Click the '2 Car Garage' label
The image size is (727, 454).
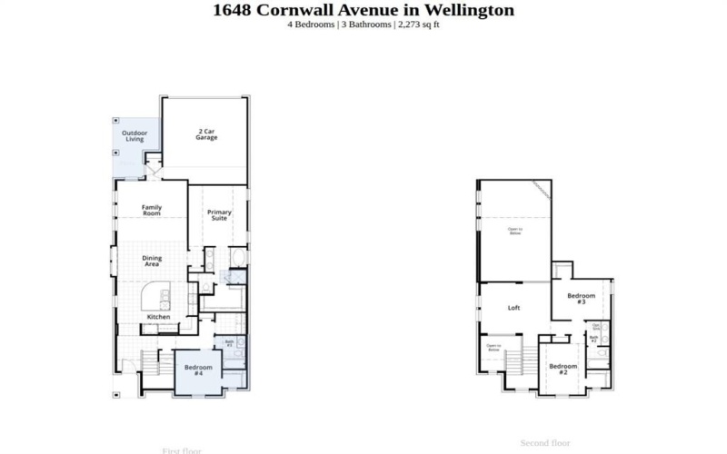pos(206,134)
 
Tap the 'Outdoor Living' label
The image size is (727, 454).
pos(134,136)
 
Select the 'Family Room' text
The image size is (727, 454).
pos(152,210)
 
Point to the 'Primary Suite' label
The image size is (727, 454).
pos(219,214)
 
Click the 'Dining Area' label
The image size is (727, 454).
pos(152,261)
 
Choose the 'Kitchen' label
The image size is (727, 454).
pos(159,317)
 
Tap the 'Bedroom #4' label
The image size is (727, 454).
pos(198,370)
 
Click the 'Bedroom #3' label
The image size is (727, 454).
pos(582,298)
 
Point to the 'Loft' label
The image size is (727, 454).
pos(513,308)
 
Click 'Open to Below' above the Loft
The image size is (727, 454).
pos(514,232)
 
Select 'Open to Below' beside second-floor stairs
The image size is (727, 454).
pos(493,347)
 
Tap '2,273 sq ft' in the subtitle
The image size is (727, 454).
pos(419,25)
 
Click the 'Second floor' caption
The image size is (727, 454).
pos(544,443)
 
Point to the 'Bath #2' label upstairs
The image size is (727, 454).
pos(593,339)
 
